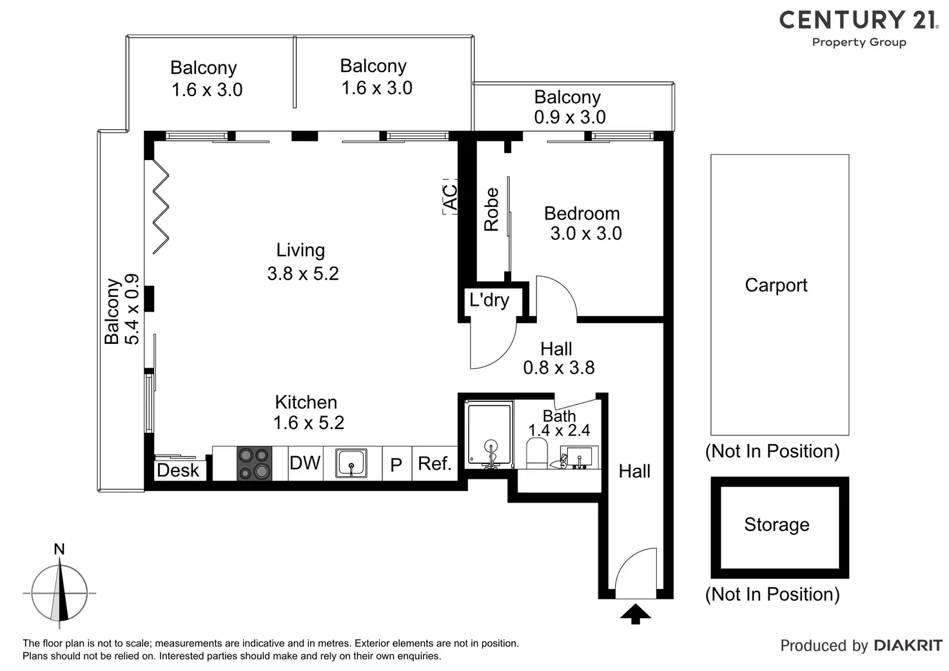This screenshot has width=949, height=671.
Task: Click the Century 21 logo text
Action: pyautogui.click(x=858, y=20)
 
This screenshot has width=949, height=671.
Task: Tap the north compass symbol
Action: pyautogui.click(x=59, y=592)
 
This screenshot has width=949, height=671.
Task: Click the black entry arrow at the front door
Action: pyautogui.click(x=636, y=614)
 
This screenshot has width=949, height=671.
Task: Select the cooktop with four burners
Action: pyautogui.click(x=253, y=464)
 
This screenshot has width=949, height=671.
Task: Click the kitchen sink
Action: pyautogui.click(x=351, y=464)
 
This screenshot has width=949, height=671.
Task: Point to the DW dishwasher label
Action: pyautogui.click(x=305, y=463)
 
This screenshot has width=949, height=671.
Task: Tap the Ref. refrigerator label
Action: pyautogui.click(x=435, y=463)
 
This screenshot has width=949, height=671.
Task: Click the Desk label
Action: pyautogui.click(x=178, y=470)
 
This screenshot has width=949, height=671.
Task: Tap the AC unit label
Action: pyautogui.click(x=451, y=197)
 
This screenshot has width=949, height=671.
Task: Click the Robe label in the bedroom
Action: pyautogui.click(x=492, y=209)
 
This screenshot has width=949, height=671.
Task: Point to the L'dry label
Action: pyautogui.click(x=489, y=300)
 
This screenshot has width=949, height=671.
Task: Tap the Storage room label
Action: pyautogui.click(x=777, y=525)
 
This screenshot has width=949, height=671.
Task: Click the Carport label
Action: pyautogui.click(x=776, y=285)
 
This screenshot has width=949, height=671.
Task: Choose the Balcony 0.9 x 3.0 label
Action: pyautogui.click(x=569, y=107)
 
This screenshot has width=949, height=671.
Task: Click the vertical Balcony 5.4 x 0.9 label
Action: pyautogui.click(x=122, y=310)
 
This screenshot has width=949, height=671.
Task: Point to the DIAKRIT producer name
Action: pyautogui.click(x=908, y=646)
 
